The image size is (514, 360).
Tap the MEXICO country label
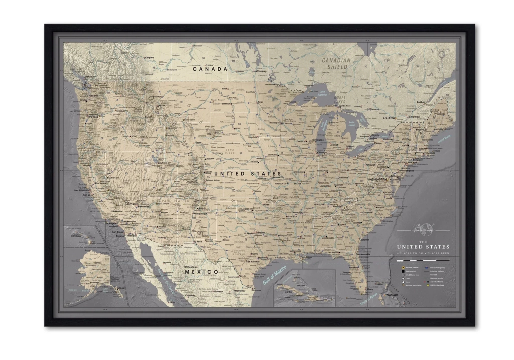201,272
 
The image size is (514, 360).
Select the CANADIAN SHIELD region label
337,63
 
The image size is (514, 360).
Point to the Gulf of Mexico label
274,275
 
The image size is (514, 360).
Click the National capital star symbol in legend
403,268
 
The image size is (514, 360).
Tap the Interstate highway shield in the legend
427,268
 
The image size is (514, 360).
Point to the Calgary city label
149,58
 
